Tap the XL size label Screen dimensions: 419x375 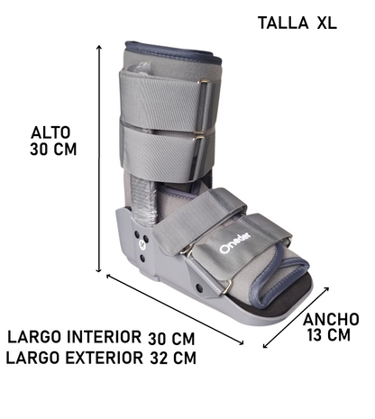click(326, 23)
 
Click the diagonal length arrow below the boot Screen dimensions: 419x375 click(176, 308)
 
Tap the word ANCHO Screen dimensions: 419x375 click(331, 319)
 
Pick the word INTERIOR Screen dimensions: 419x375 click(104, 338)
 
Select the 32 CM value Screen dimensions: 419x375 click(171, 358)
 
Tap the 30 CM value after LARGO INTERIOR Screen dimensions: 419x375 click(171, 339)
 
